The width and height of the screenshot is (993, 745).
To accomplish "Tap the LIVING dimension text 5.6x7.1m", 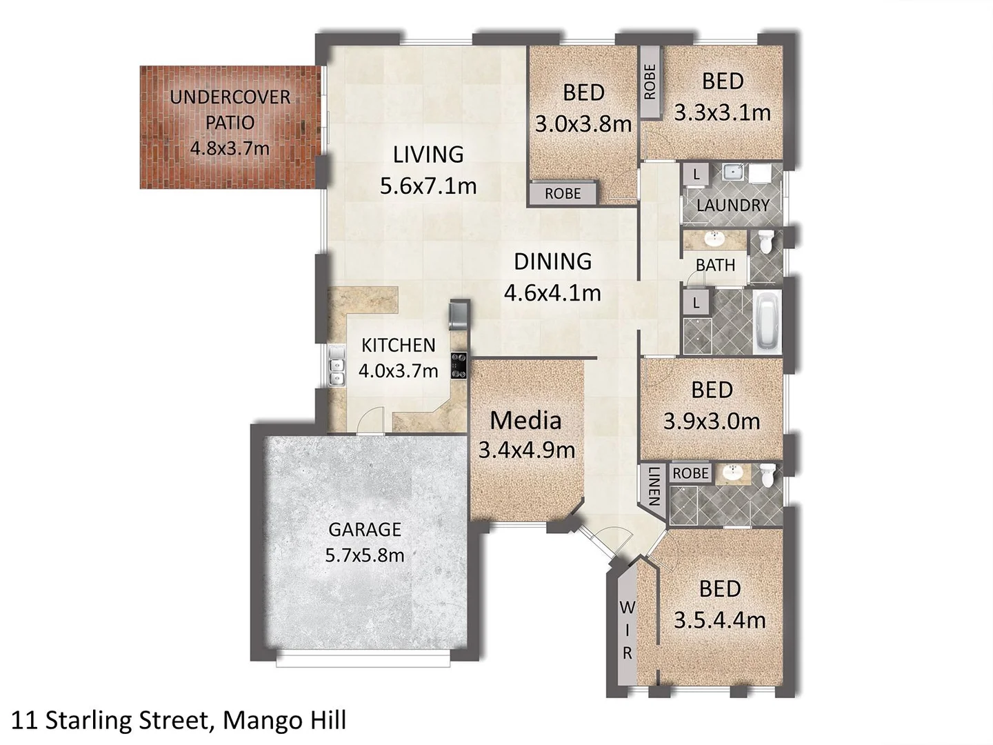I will (428, 186).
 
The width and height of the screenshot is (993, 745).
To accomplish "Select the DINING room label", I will (552, 261).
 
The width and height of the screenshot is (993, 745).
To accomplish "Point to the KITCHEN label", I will (398, 345).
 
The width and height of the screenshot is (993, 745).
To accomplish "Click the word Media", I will (525, 420).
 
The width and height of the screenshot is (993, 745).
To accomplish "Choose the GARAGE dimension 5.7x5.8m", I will (364, 555).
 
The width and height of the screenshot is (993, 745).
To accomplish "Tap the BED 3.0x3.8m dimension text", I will (583, 124).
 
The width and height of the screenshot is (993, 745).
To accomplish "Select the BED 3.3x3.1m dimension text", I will (722, 112).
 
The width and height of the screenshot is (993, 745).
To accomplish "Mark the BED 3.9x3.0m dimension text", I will (712, 421).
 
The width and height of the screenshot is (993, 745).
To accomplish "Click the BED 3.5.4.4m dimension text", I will (719, 620).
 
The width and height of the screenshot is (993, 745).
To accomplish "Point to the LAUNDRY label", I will (732, 206).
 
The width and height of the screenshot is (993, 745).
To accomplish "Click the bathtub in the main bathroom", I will (767, 321).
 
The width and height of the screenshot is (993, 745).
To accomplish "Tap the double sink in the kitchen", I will (337, 366).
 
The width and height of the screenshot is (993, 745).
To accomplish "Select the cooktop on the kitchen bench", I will (459, 365).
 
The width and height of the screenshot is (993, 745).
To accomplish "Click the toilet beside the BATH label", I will (766, 241).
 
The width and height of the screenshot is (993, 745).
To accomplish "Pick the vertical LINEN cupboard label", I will (654, 486).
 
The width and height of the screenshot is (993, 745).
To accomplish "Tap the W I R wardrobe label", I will (627, 630).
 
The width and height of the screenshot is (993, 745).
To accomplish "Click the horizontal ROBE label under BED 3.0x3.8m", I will (563, 194).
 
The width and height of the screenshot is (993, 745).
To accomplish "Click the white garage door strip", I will (365, 661).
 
